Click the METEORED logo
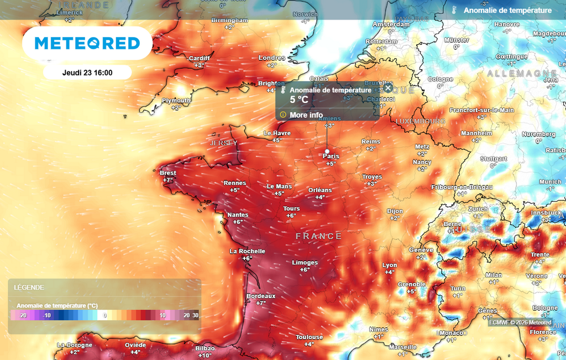pos(87,43)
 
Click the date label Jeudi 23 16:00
pos(87,72)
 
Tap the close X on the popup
pos(388,88)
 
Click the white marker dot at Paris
pos(327,151)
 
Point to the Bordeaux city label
pos(261,296)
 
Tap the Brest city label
pos(167,173)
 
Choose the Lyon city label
pos(390,265)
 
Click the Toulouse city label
pos(309,337)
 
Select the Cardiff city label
pos(200,58)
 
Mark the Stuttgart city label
pos(494,159)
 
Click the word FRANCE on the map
pos(319,236)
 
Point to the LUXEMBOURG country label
pos(421,121)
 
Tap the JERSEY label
pos(223,143)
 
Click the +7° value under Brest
pos(167,180)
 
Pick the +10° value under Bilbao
pos(205,356)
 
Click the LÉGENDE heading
pos(29,288)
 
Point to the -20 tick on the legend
pos(23,315)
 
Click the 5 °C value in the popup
pos(299,100)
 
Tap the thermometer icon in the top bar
pos(454,10)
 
